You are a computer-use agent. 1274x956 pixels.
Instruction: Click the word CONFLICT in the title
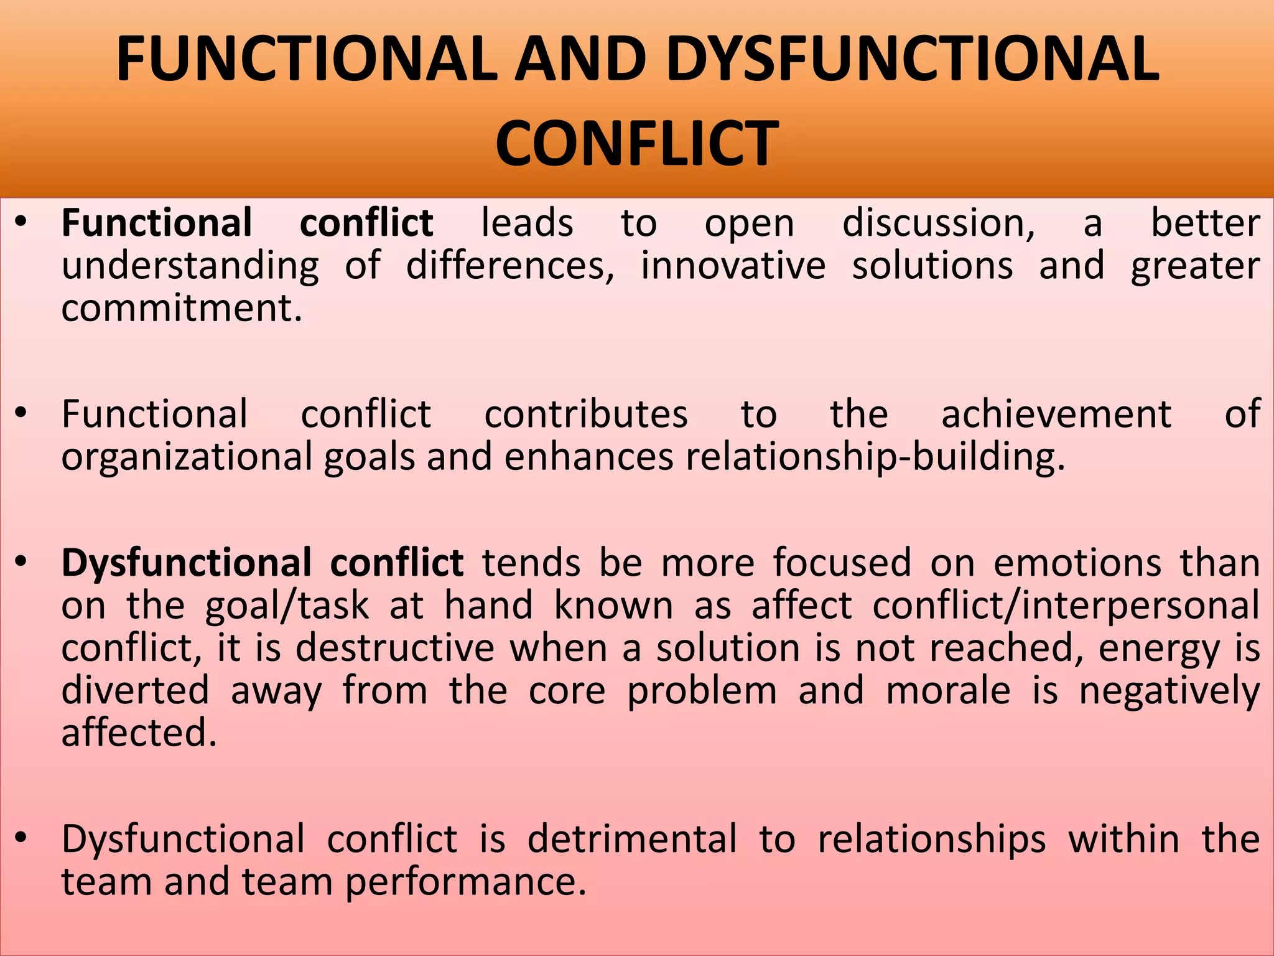[x=636, y=144]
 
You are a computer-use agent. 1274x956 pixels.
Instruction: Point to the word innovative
[x=733, y=266]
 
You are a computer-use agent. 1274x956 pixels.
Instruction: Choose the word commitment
[x=182, y=307]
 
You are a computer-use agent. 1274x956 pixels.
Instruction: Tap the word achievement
[x=1056, y=414]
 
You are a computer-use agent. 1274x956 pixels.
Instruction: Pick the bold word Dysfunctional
[x=187, y=563]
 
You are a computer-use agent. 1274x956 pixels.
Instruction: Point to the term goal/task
[x=287, y=606]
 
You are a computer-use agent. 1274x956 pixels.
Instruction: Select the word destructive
[x=395, y=648]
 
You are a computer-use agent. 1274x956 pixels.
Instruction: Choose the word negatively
[x=1169, y=691]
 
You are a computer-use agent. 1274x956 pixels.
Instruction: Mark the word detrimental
[x=632, y=838]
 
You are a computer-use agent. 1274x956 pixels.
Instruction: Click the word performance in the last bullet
[x=465, y=882]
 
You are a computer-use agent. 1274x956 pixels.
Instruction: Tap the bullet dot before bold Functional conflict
[x=21, y=222]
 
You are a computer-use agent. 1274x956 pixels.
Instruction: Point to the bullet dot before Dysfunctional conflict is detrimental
[x=21, y=838]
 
